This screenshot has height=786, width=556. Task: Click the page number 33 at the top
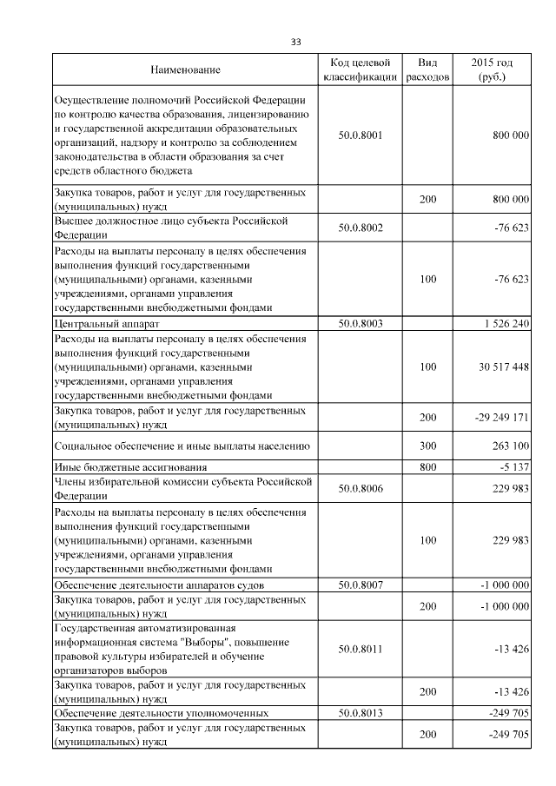point(295,42)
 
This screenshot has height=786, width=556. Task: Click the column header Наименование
point(185,69)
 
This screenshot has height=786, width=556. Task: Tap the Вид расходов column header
point(427,69)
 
